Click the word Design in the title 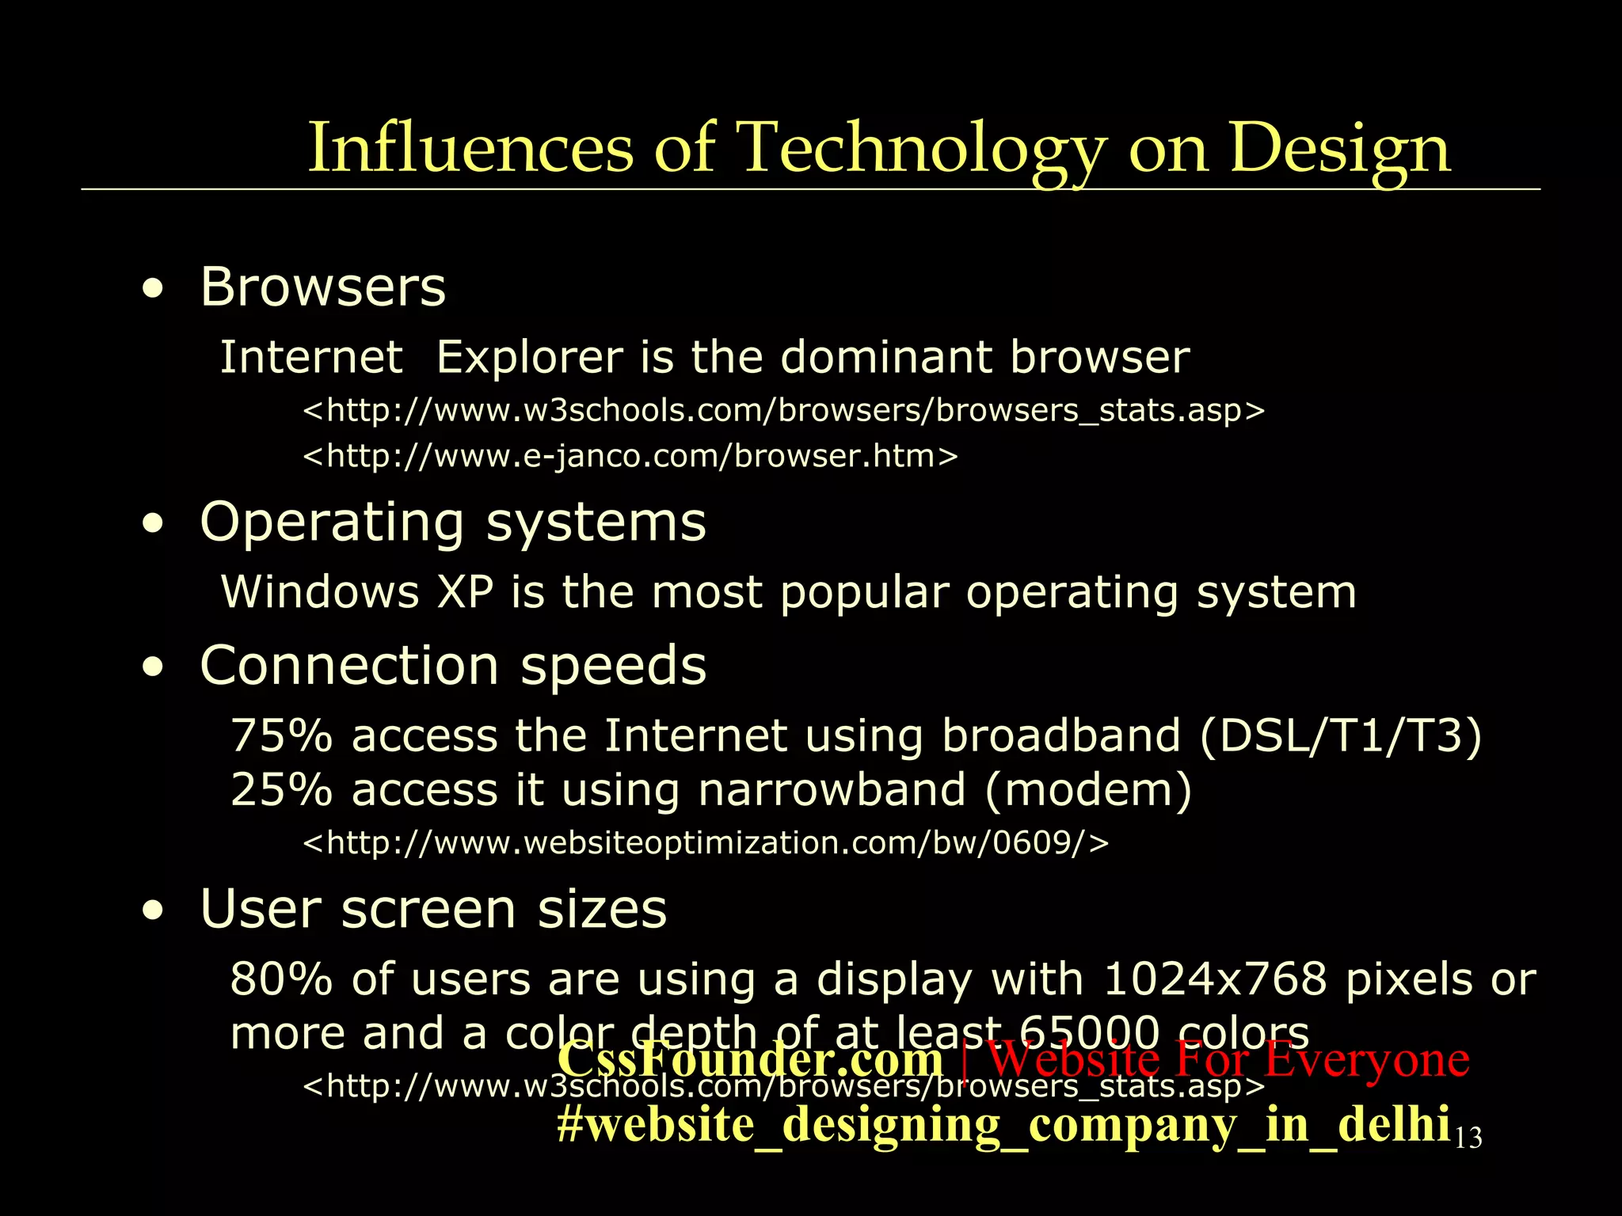pyautogui.click(x=1339, y=148)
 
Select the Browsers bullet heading pyautogui.click(x=323, y=287)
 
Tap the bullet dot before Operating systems pyautogui.click(x=153, y=523)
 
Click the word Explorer pyautogui.click(x=529, y=357)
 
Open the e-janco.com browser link pyautogui.click(x=630, y=456)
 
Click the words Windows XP pyautogui.click(x=357, y=592)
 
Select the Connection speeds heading pyautogui.click(x=453, y=665)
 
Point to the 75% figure pyautogui.click(x=281, y=735)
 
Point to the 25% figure pyautogui.click(x=281, y=790)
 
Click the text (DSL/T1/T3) pyautogui.click(x=1340, y=735)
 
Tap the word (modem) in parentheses pyautogui.click(x=1088, y=790)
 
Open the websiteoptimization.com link pyautogui.click(x=706, y=842)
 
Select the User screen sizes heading pyautogui.click(x=434, y=909)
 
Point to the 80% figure pyautogui.click(x=281, y=979)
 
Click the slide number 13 pyautogui.click(x=1468, y=1138)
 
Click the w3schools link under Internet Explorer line pyautogui.click(x=783, y=410)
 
